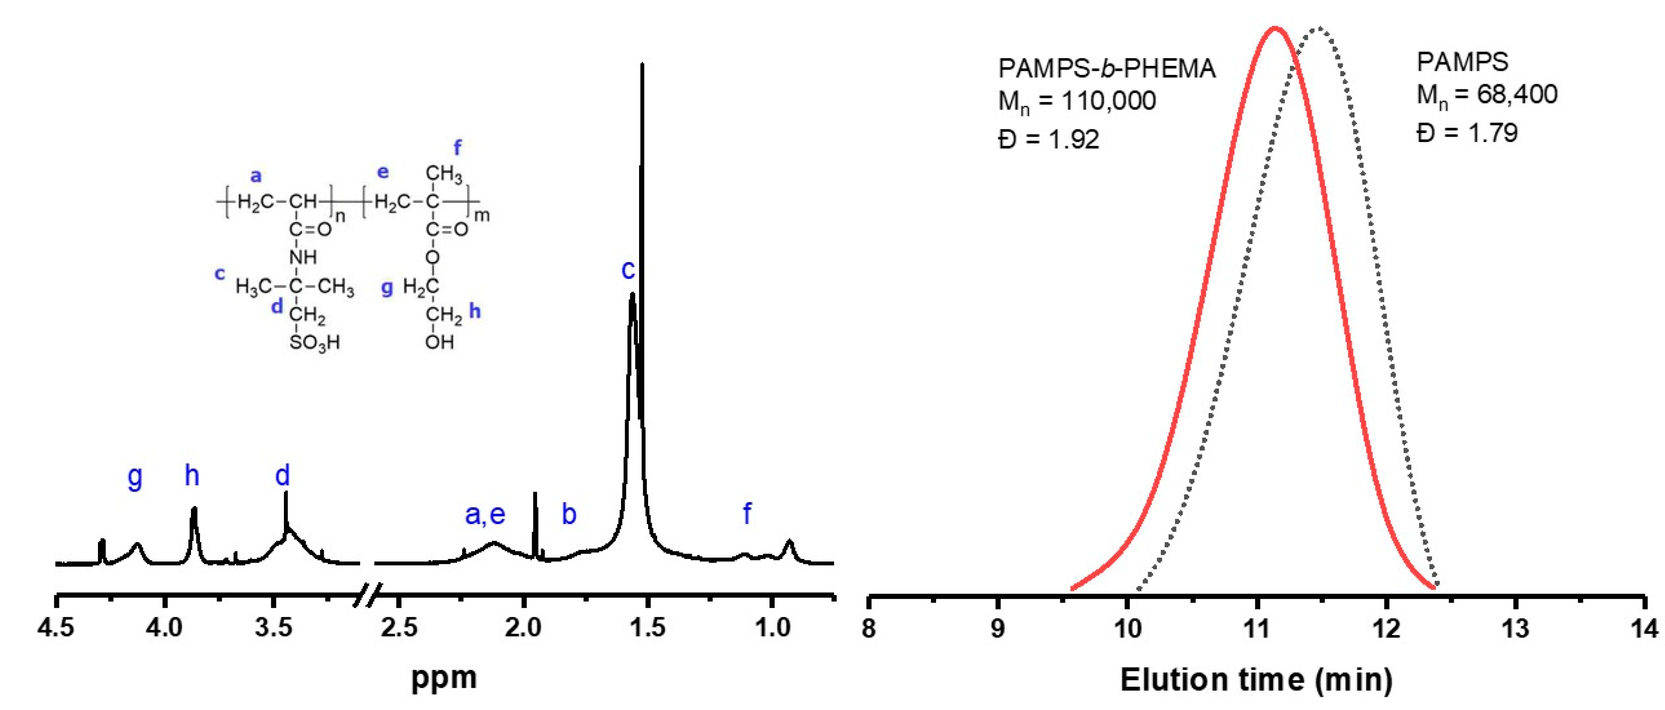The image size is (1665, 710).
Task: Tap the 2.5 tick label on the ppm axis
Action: pyautogui.click(x=399, y=627)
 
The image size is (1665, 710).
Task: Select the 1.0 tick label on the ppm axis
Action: pyautogui.click(x=772, y=627)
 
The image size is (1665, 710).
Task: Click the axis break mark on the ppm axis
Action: pyautogui.click(x=368, y=595)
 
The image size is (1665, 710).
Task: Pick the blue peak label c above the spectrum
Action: pyautogui.click(x=628, y=270)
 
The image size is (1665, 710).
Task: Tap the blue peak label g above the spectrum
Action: pyautogui.click(x=134, y=477)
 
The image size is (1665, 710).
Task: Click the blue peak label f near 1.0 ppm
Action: pyautogui.click(x=747, y=514)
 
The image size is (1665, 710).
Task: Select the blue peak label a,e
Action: pyautogui.click(x=485, y=514)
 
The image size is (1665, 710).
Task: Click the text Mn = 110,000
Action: pyautogui.click(x=1077, y=101)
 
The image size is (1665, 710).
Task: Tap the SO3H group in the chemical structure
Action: pyautogui.click(x=315, y=342)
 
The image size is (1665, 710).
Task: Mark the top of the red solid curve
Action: pyautogui.click(x=1275, y=28)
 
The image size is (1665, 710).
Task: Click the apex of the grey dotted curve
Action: pyautogui.click(x=1318, y=28)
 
